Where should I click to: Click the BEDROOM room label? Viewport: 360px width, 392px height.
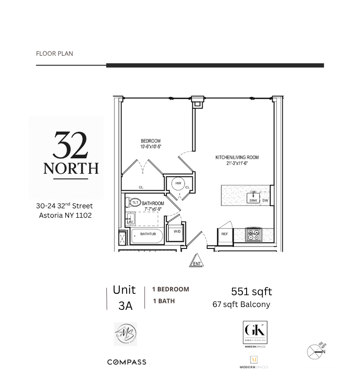click(x=150, y=141)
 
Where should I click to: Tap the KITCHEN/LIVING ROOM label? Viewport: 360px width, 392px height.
click(x=237, y=158)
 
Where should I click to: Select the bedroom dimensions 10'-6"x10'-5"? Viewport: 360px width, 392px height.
click(x=150, y=147)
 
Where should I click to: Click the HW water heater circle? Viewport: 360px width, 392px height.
click(x=178, y=183)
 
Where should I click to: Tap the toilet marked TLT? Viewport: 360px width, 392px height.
click(x=135, y=203)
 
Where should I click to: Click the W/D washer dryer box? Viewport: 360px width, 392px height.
click(x=177, y=232)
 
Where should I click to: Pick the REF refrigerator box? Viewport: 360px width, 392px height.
click(x=225, y=234)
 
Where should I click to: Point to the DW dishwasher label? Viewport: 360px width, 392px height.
click(x=265, y=201)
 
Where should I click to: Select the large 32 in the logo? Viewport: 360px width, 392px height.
click(x=70, y=146)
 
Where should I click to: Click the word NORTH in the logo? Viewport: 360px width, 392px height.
click(x=71, y=169)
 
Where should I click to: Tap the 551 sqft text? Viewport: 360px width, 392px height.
click(x=251, y=291)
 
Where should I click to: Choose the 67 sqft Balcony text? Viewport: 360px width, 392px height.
click(x=241, y=304)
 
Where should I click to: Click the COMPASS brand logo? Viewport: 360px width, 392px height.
click(x=127, y=362)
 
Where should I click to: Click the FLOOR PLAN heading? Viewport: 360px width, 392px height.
click(x=54, y=53)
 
